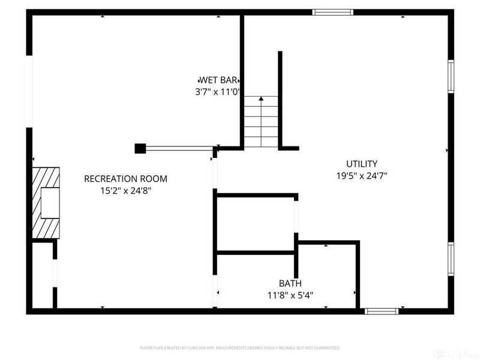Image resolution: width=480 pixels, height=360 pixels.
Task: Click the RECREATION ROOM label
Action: [125, 179]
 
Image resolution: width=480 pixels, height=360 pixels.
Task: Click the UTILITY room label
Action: [361, 164]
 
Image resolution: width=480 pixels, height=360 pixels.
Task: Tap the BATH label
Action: [290, 283]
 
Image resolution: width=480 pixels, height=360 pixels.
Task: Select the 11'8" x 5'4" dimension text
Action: [290, 295]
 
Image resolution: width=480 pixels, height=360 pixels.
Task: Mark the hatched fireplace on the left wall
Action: [45, 203]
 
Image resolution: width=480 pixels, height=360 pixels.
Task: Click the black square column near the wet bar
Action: [140, 148]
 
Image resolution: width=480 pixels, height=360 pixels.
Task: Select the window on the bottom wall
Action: [382, 311]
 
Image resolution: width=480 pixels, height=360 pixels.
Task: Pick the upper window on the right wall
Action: [451, 77]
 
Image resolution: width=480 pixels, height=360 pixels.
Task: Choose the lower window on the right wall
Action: [451, 258]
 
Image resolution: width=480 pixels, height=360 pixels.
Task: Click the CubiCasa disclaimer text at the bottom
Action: [240, 348]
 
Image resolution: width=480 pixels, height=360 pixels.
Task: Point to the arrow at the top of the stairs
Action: [261, 98]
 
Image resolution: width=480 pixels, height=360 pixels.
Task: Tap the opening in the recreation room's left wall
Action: [28, 91]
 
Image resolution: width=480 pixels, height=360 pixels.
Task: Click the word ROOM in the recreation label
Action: [152, 179]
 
